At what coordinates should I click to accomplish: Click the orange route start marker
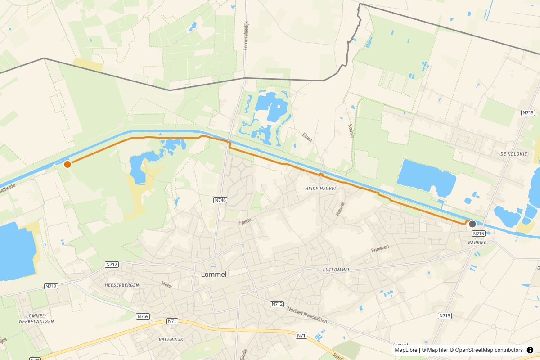(67, 164)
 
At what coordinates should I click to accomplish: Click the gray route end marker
(472, 224)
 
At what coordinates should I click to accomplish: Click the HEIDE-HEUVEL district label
(320, 189)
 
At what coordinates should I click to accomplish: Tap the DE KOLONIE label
(513, 154)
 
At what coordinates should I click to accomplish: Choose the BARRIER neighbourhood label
(477, 243)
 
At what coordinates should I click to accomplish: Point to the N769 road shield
(143, 316)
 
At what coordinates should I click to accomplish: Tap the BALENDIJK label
(171, 339)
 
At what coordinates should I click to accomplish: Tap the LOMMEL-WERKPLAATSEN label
(40, 318)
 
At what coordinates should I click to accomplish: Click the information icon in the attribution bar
(530, 350)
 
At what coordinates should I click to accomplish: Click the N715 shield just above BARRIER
(478, 234)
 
